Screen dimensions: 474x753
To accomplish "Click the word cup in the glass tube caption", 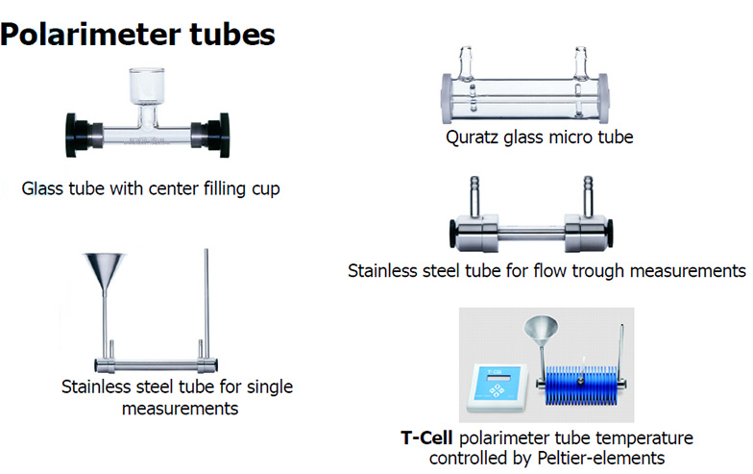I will click(264, 188).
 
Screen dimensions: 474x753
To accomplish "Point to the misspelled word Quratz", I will click(474, 137).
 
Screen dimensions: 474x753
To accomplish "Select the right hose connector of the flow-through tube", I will click(585, 193).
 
